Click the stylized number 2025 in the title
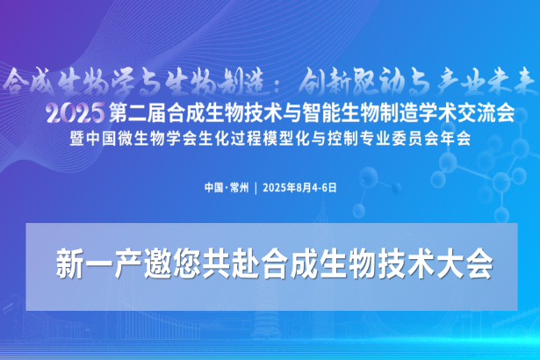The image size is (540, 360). pyautogui.click(x=76, y=113)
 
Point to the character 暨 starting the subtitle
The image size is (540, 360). pyautogui.click(x=76, y=139)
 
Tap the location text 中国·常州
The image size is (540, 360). pyautogui.click(x=227, y=188)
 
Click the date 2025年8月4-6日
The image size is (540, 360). pyautogui.click(x=299, y=188)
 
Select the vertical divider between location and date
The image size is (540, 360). pyautogui.click(x=256, y=188)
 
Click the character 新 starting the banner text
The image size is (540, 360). pyautogui.click(x=70, y=264)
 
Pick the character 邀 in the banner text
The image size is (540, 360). pyautogui.click(x=157, y=264)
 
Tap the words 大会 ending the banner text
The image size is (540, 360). pyautogui.click(x=464, y=264)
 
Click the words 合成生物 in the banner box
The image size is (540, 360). pyautogui.click(x=318, y=264)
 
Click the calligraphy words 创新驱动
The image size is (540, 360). pyautogui.click(x=356, y=83)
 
